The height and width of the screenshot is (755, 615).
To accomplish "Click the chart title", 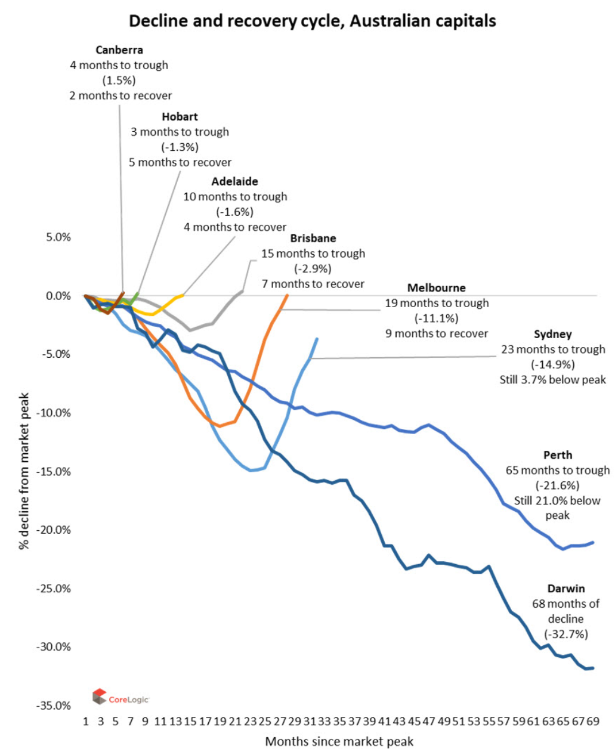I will pyautogui.click(x=313, y=21).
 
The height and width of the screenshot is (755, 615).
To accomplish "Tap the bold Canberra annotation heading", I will pyautogui.click(x=119, y=50).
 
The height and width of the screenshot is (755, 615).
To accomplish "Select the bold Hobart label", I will pyautogui.click(x=180, y=117).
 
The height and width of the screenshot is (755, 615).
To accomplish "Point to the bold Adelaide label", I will pyautogui.click(x=234, y=181).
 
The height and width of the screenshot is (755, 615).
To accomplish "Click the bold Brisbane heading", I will pyautogui.click(x=313, y=238).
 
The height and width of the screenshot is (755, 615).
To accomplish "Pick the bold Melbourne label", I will pyautogui.click(x=437, y=288).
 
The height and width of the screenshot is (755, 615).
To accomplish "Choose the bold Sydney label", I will pyautogui.click(x=552, y=335).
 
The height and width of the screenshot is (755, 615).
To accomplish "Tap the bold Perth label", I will pyautogui.click(x=558, y=455).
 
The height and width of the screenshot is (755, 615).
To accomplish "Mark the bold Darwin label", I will pyautogui.click(x=566, y=589).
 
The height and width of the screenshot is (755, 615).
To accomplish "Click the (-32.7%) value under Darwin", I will pyautogui.click(x=566, y=634).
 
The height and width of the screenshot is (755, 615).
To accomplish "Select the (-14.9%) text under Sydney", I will pyautogui.click(x=552, y=364).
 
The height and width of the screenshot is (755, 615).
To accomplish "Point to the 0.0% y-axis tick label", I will pyautogui.click(x=58, y=296).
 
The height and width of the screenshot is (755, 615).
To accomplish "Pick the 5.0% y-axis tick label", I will pyautogui.click(x=58, y=237).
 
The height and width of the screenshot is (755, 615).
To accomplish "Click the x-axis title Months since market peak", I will pyautogui.click(x=339, y=742).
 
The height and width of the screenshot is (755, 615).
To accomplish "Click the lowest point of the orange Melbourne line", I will pyautogui.click(x=220, y=426).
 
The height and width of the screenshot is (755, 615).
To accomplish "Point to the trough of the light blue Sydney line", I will pyautogui.click(x=251, y=471).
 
